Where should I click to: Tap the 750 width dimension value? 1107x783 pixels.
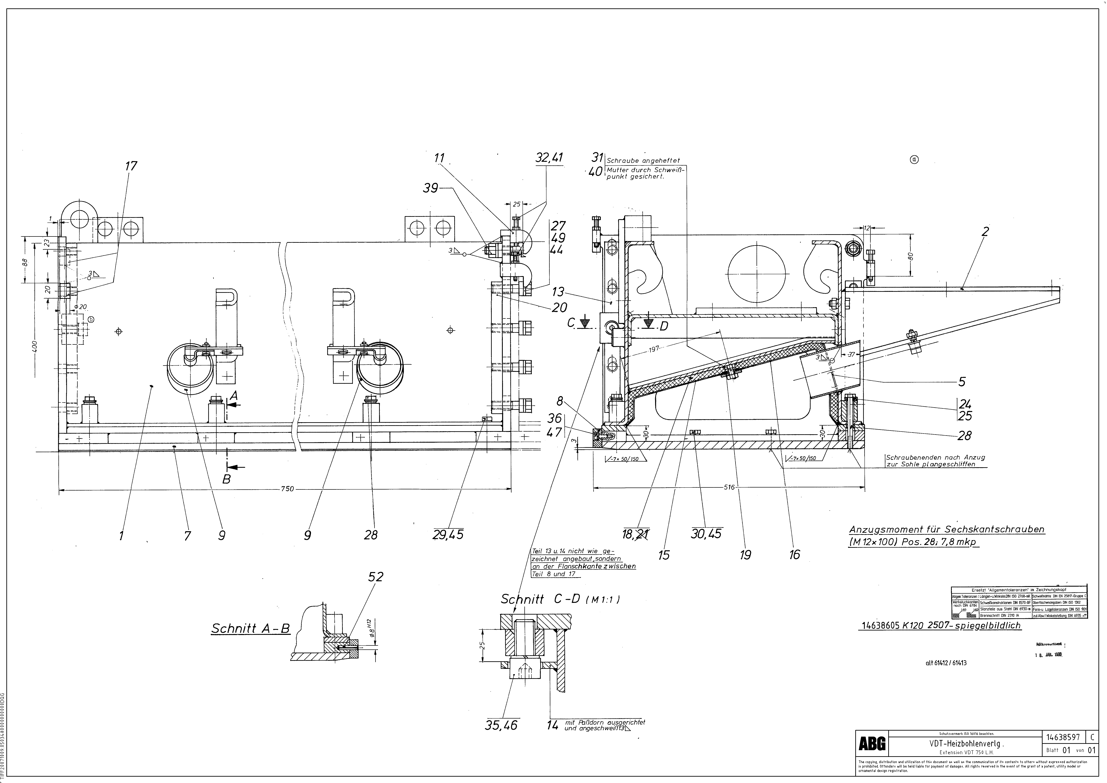tap(287, 489)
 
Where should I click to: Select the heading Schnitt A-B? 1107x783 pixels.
tap(251, 629)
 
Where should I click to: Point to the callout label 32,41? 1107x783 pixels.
tap(549, 158)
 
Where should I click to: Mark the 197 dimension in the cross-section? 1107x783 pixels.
tap(653, 348)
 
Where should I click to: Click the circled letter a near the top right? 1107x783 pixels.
tap(914, 160)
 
